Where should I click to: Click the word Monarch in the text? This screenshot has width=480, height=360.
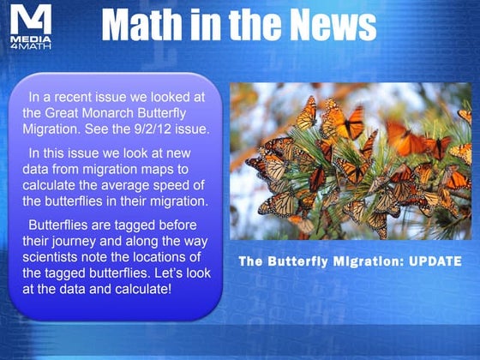coord(93,113)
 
